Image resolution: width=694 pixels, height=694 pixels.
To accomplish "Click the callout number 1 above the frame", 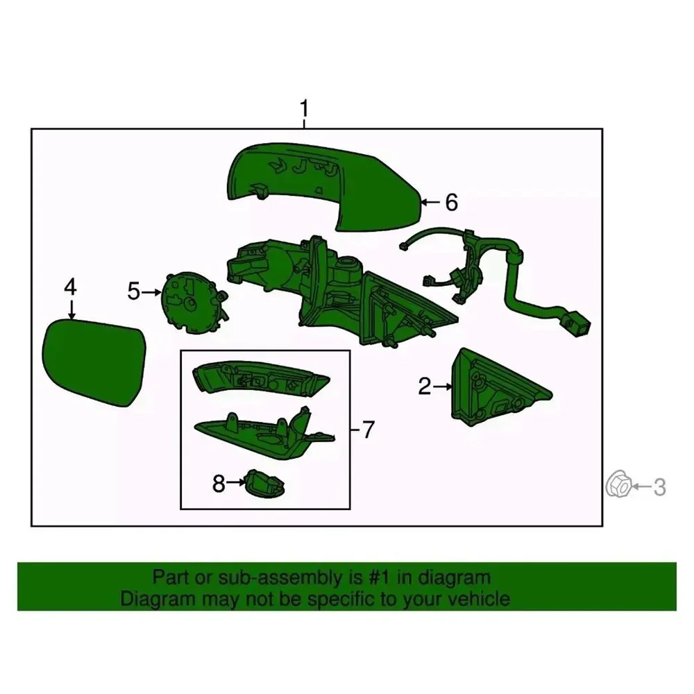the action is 304,108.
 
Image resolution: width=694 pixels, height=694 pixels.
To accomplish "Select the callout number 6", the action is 451,202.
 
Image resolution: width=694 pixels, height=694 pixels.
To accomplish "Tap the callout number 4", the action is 70,287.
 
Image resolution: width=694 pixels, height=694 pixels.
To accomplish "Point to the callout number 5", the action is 134,291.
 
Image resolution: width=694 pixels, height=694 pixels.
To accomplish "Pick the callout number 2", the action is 425,387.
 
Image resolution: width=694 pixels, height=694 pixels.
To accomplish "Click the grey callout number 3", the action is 659,487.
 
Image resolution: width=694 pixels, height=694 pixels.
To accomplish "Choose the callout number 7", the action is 369,430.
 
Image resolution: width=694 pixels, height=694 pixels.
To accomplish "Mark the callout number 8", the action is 219,484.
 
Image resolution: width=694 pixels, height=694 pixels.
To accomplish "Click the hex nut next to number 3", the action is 618,484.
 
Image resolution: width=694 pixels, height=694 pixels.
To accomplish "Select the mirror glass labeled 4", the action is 94,362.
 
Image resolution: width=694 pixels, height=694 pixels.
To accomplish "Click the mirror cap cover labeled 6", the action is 324,186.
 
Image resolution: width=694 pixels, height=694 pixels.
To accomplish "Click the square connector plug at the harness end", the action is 576,324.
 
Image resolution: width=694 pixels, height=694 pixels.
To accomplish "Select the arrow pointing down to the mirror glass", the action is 71,309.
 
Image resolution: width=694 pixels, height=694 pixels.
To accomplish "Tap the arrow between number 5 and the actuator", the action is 151,292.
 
